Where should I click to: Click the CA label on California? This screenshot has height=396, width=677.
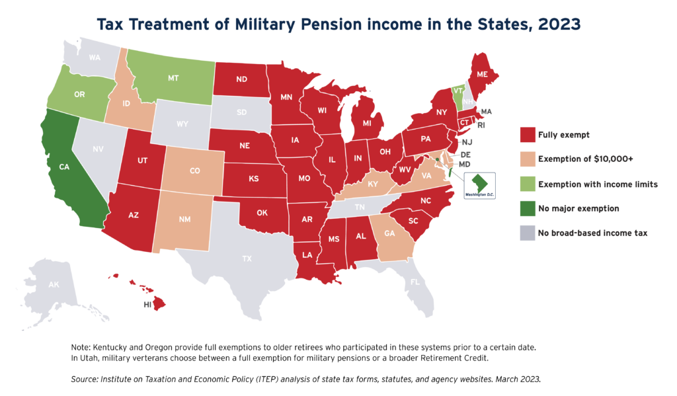coord(64,167)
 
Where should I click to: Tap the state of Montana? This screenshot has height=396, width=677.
coord(173,78)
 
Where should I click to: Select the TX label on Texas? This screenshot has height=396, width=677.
coord(247,258)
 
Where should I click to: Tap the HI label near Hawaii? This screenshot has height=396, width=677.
coord(148,305)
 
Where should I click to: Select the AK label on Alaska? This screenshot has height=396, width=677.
coord(53,284)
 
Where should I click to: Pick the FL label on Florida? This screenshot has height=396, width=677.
coord(415,282)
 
